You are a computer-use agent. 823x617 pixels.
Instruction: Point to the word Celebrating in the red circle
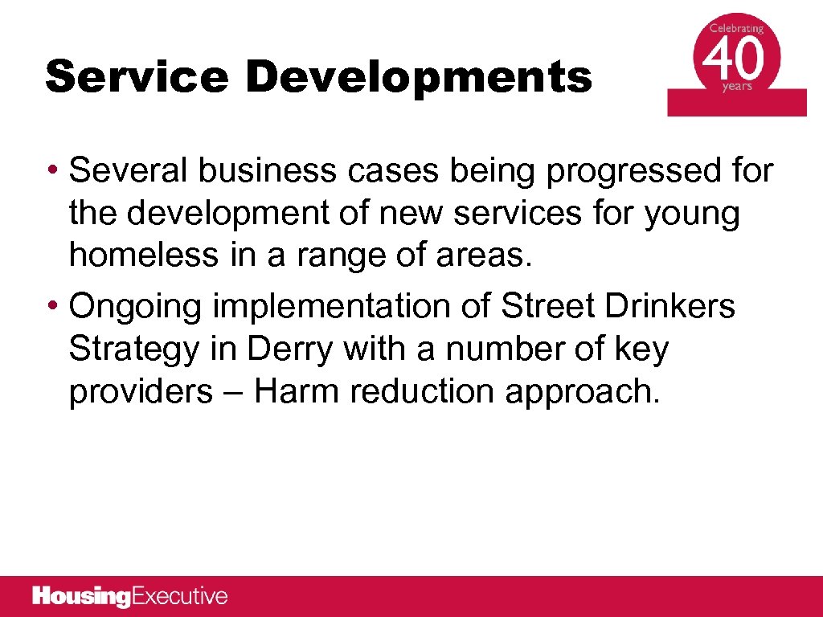pos(736,29)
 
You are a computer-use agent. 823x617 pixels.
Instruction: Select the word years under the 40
pos(737,87)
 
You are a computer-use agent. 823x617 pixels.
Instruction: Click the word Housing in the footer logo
pos(81,597)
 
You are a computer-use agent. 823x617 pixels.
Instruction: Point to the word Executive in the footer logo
pos(179,597)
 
